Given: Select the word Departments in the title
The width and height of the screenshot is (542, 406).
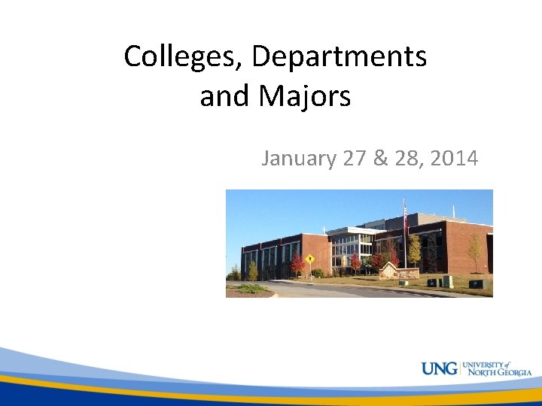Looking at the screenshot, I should point(340,56).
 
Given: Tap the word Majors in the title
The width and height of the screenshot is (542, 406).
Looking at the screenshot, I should point(306,97).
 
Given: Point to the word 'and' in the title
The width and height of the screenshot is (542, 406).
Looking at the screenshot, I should point(224,97).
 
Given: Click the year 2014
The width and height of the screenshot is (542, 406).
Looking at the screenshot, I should point(453,159).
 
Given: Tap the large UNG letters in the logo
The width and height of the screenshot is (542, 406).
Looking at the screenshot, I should point(440,368).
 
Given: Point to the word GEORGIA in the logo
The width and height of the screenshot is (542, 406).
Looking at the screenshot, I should point(513,372).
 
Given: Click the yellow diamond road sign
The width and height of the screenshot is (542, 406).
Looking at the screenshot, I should point(309,259).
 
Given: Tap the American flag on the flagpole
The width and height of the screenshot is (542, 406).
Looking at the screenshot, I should point(406,216).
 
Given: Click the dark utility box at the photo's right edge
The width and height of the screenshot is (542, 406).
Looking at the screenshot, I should point(476,283).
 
